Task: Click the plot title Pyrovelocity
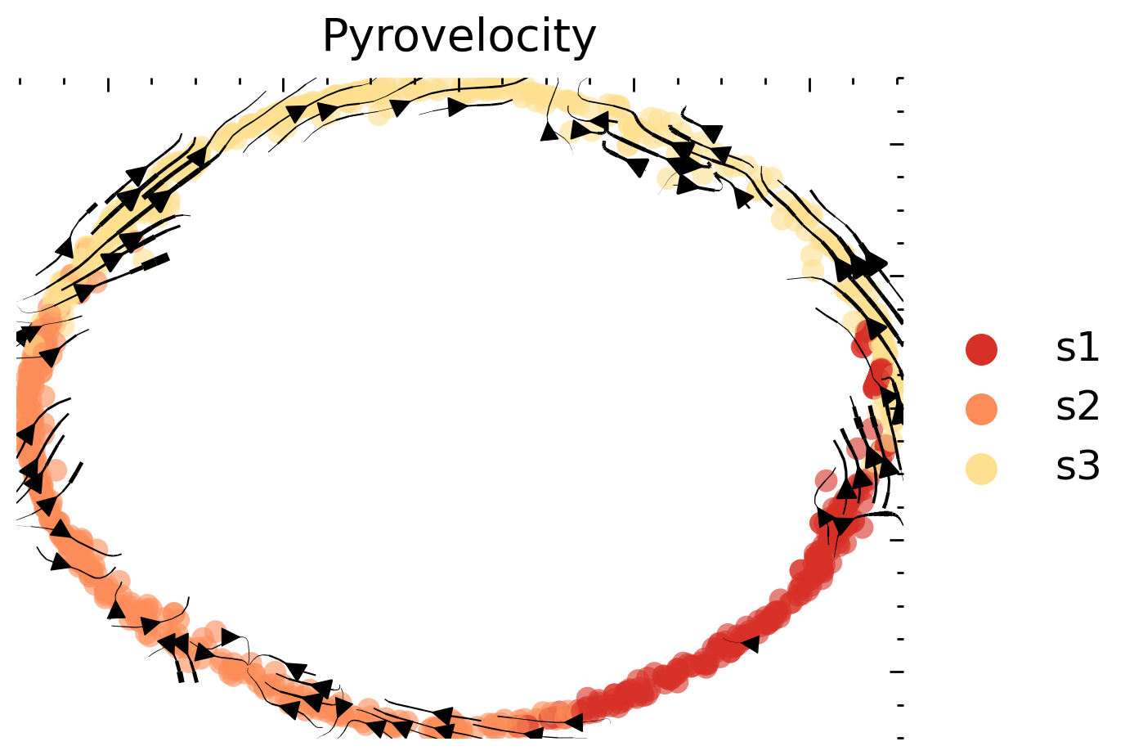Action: tap(459, 37)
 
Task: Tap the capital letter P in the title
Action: tap(336, 37)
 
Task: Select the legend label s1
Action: tap(1077, 348)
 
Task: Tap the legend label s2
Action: tap(1077, 407)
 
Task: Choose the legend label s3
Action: tap(1077, 466)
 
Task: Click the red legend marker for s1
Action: tap(981, 349)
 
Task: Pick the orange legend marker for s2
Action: tap(981, 408)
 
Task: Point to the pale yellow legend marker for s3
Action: tap(981, 468)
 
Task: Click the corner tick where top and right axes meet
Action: tap(899, 80)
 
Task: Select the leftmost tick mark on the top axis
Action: tap(20, 81)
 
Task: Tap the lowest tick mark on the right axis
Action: tap(900, 736)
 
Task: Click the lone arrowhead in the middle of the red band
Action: tap(749, 644)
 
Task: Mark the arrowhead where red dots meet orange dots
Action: tap(573, 721)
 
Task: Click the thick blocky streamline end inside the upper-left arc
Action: tap(155, 262)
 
